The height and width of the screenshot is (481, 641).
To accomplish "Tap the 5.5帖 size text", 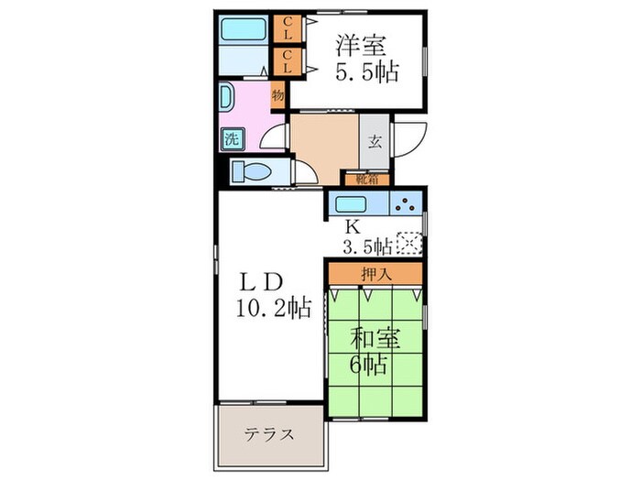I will point(365,72).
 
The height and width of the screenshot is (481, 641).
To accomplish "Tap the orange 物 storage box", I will point(277,95).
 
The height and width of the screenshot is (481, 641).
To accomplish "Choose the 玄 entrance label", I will point(375,142).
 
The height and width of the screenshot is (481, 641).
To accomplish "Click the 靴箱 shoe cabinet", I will point(364,180).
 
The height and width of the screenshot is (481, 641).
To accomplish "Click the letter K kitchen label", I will point(352,226).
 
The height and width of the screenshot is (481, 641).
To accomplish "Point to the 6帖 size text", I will point(374,365).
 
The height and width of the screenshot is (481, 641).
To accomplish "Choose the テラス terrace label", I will point(268,434).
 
